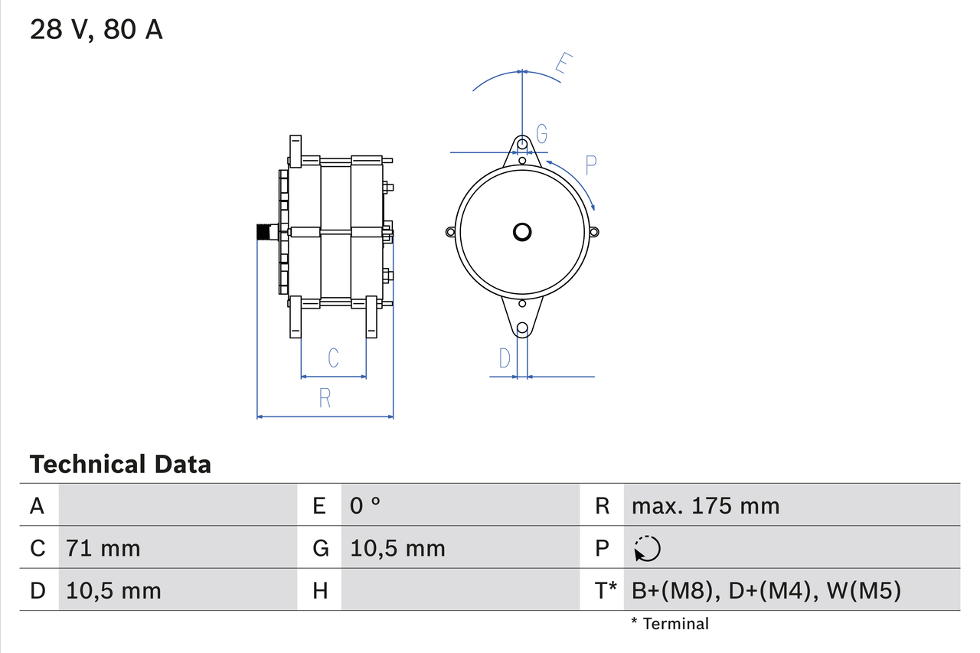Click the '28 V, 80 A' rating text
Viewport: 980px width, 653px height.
pyautogui.click(x=96, y=30)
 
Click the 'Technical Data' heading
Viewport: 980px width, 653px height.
pyautogui.click(x=119, y=464)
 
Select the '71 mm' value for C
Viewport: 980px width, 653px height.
pyautogui.click(x=103, y=548)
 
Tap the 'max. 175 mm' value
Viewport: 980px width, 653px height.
pyautogui.click(x=705, y=506)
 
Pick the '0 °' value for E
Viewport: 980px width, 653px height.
pyautogui.click(x=365, y=506)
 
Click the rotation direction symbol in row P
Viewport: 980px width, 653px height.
pyautogui.click(x=647, y=548)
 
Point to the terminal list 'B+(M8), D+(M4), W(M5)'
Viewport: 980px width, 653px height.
pyautogui.click(x=766, y=590)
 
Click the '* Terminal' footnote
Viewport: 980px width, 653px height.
pyautogui.click(x=670, y=624)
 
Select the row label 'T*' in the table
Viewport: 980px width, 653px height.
pyautogui.click(x=605, y=590)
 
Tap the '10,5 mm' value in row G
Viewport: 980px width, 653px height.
pyautogui.click(x=397, y=548)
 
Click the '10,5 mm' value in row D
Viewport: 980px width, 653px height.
pyautogui.click(x=113, y=590)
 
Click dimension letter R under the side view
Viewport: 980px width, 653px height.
pyautogui.click(x=325, y=398)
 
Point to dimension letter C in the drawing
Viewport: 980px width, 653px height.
pyautogui.click(x=333, y=358)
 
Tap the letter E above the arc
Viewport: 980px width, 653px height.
pyautogui.click(x=563, y=65)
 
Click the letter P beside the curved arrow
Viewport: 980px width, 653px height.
pyautogui.click(x=590, y=163)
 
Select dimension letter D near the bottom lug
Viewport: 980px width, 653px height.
pyautogui.click(x=505, y=358)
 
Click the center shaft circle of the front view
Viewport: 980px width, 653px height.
pyautogui.click(x=522, y=231)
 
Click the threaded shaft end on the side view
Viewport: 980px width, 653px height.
pyautogui.click(x=266, y=231)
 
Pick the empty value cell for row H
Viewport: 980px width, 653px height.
pyautogui.click(x=459, y=590)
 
